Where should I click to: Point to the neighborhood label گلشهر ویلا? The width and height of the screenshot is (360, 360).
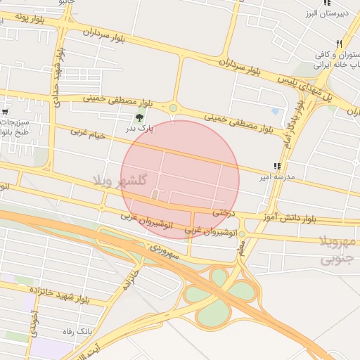120,180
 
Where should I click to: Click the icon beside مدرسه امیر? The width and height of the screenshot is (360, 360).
276,167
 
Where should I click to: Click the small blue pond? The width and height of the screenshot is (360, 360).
275,110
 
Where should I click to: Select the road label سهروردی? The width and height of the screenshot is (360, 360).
165,251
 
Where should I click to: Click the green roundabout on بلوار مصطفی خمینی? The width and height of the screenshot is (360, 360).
173,108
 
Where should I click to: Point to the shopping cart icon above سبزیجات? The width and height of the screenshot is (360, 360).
6,112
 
